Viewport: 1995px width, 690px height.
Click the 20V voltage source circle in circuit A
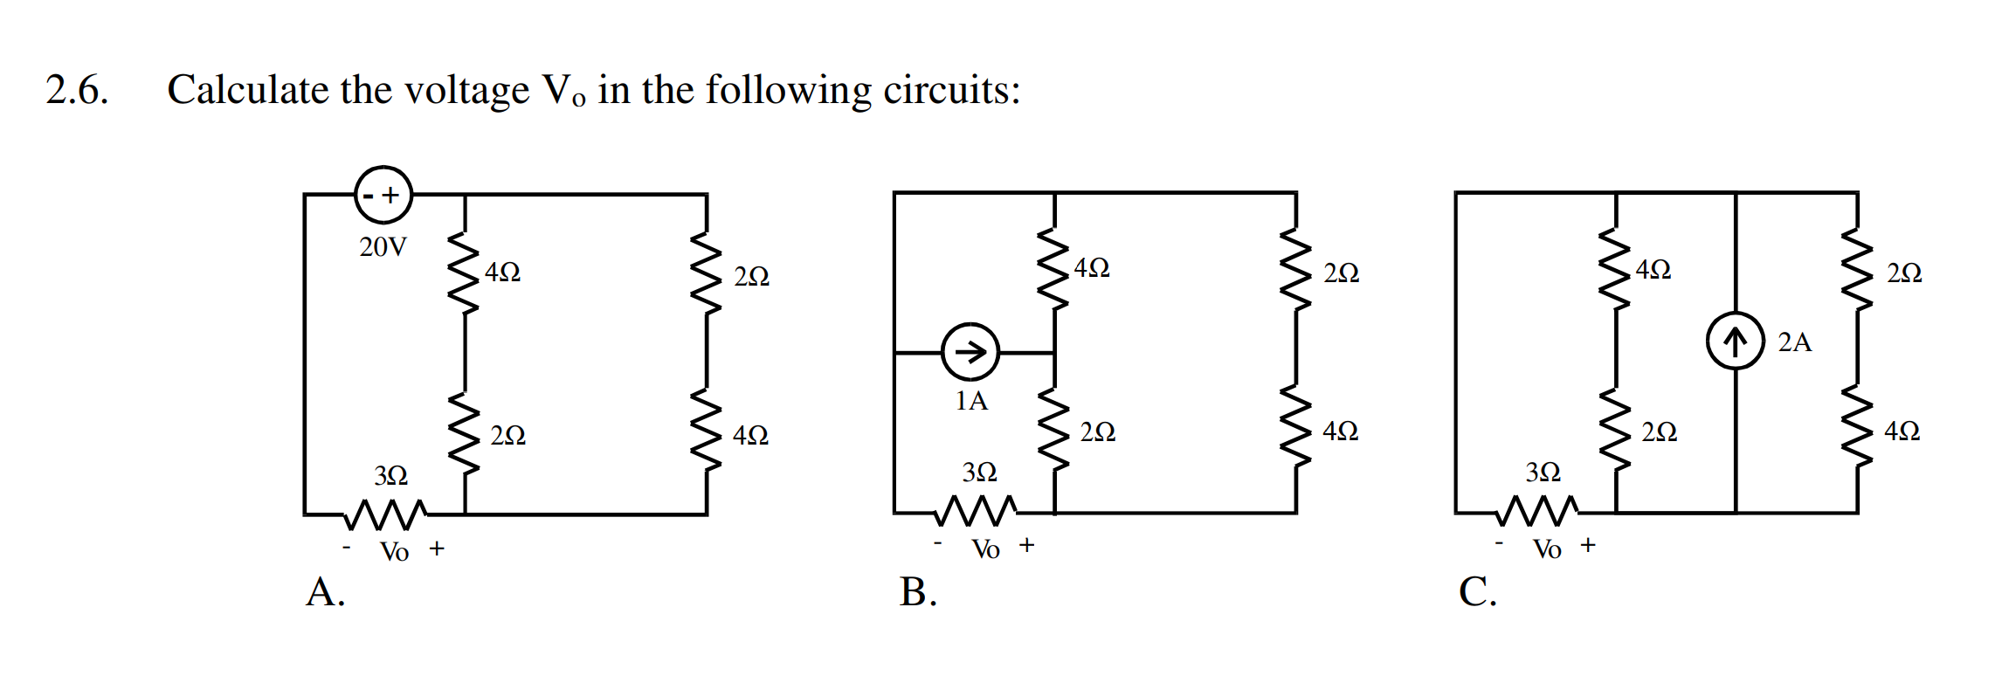383,194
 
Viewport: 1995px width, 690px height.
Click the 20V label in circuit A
383,247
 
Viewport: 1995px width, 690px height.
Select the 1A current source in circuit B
970,352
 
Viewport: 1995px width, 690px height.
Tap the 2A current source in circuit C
1735,341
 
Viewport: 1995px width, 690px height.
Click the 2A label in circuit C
1794,342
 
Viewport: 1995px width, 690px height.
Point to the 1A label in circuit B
970,401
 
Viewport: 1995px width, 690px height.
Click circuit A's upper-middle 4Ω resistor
464,273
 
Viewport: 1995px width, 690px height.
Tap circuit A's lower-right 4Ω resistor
706,431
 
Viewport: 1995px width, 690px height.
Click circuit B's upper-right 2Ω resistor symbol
1295,270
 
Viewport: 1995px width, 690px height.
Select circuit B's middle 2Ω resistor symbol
1054,430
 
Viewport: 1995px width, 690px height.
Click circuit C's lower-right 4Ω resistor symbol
1857,428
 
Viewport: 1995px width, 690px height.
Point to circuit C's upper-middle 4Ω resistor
1615,270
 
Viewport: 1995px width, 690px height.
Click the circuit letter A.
325,592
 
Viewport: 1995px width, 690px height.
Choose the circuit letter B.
917,592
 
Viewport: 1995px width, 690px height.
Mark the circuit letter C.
1477,592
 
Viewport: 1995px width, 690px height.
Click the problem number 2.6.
77,90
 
